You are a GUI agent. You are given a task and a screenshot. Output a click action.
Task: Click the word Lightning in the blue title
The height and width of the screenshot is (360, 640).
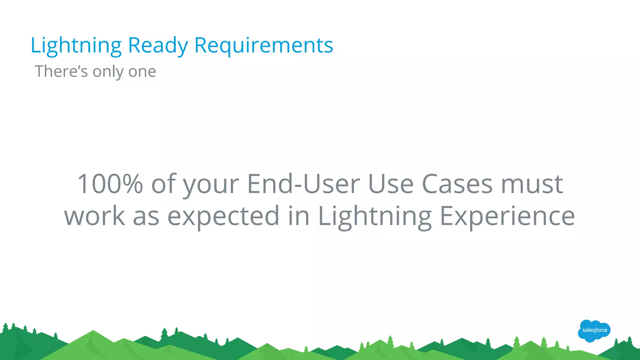click(76, 46)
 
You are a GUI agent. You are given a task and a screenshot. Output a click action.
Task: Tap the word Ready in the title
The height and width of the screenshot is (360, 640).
click(158, 46)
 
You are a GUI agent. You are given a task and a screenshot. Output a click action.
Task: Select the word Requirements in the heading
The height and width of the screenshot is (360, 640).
click(263, 46)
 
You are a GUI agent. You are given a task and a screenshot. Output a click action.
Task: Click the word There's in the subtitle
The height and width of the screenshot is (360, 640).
click(61, 71)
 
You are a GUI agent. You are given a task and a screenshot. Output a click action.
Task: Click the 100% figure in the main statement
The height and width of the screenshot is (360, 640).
click(110, 184)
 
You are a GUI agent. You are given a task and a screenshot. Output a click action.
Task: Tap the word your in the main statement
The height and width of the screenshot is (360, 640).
click(211, 184)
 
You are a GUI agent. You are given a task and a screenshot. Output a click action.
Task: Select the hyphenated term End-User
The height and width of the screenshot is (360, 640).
click(303, 184)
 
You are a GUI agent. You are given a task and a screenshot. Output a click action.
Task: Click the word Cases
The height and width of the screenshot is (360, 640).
click(457, 184)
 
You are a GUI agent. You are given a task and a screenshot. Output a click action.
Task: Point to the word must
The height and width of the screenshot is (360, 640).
click(532, 184)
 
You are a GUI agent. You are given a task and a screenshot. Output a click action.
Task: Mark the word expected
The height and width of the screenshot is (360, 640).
click(223, 216)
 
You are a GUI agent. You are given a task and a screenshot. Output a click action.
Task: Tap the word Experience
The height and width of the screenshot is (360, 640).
click(507, 216)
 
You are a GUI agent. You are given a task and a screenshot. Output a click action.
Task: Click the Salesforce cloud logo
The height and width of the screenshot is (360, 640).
click(594, 331)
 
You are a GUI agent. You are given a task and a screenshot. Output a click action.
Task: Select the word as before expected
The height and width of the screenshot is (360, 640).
click(146, 216)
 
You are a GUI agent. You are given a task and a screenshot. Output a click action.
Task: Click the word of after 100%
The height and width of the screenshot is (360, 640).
click(163, 184)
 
